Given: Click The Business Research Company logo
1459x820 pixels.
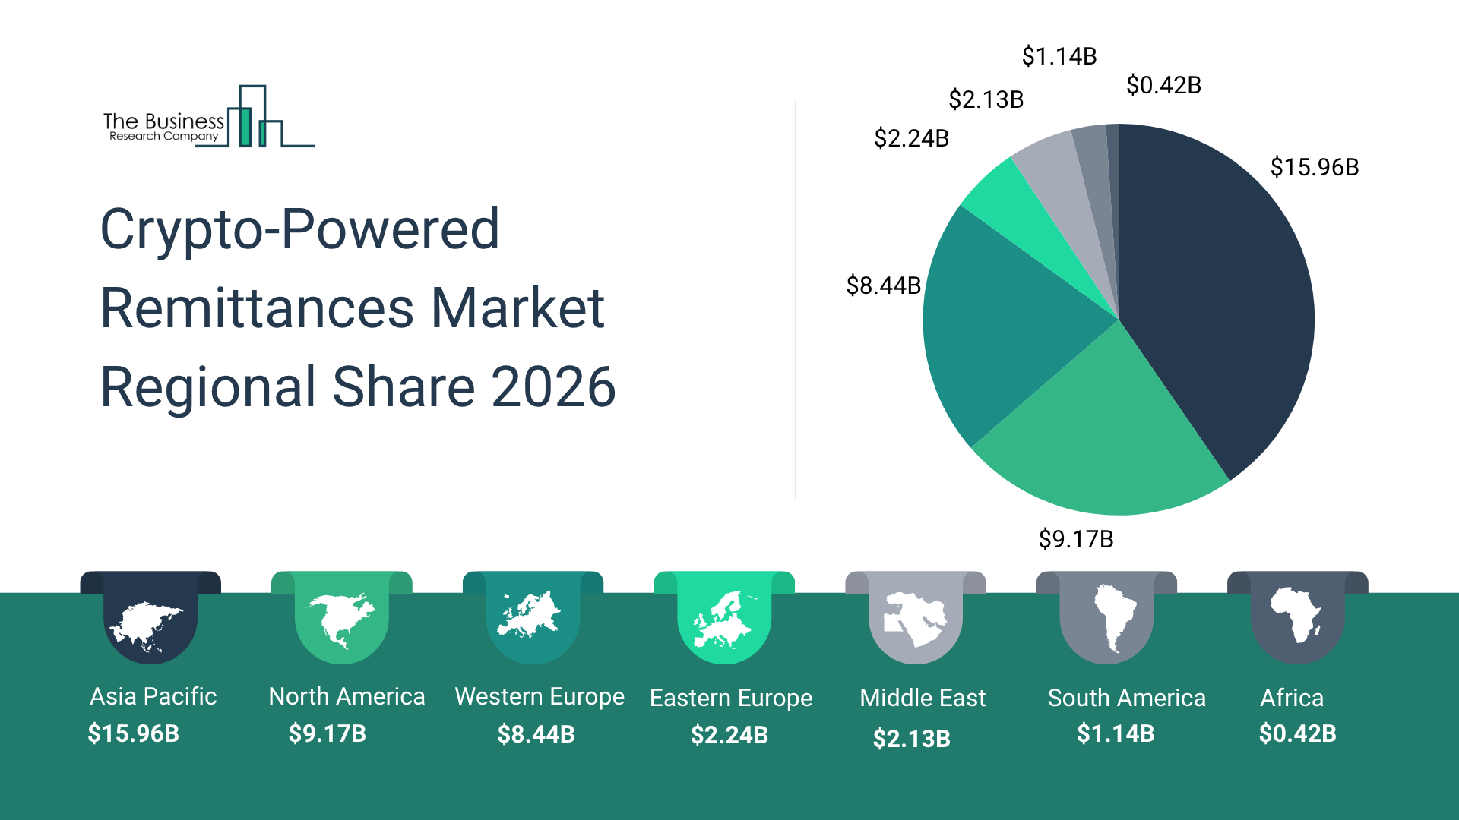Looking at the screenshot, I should tap(208, 118).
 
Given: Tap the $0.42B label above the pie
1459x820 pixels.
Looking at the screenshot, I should tap(1163, 85).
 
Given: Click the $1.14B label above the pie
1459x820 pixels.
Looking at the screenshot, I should tap(1059, 56).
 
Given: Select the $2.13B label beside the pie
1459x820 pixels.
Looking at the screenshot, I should tap(986, 99).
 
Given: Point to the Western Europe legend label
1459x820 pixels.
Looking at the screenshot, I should tap(539, 696).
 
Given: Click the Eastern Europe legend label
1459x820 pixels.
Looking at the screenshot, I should tap(730, 698).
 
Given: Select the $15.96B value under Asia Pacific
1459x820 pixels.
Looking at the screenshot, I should tap(133, 733).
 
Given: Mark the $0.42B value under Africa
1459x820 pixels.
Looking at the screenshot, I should tap(1297, 733).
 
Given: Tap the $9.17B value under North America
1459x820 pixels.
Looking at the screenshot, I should tap(327, 733).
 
